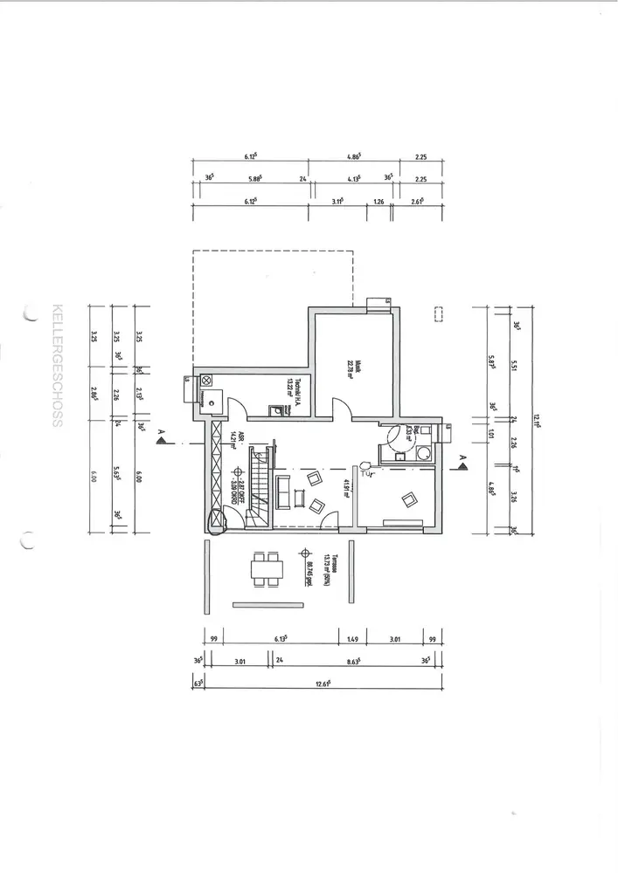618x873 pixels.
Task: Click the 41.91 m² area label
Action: click(x=346, y=487)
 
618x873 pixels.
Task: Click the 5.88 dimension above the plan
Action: click(x=255, y=179)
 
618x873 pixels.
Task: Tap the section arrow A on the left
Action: click(x=160, y=441)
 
